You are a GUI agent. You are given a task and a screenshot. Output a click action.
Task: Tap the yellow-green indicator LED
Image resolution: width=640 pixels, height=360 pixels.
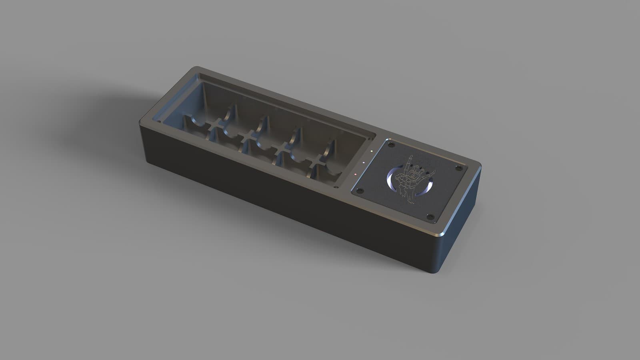click(372, 151)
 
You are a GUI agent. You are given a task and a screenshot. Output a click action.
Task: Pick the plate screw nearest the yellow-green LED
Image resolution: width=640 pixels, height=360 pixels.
click(391, 144)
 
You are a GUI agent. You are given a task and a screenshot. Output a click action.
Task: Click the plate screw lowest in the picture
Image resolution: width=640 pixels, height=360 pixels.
click(430, 217)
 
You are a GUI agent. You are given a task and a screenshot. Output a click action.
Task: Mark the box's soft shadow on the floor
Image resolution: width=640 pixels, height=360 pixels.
click(100, 132)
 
